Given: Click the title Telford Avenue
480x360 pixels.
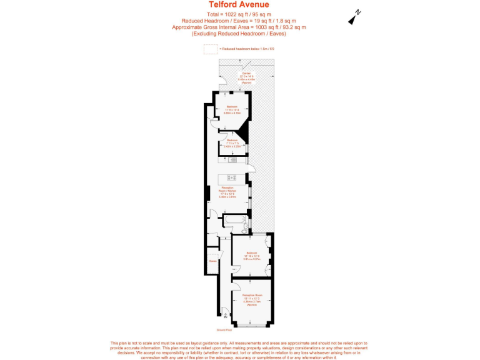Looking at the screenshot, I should click(239, 5).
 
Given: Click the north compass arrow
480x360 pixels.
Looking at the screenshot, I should click(354, 17).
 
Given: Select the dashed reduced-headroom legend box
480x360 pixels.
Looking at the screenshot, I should click(211, 49).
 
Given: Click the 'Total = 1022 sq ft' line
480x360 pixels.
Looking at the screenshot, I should click(239, 14).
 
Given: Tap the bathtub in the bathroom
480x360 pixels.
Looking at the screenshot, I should click(234, 220).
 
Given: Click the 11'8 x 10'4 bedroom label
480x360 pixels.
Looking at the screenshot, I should click(232, 109).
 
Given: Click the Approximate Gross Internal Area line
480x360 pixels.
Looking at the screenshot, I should click(239, 27).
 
